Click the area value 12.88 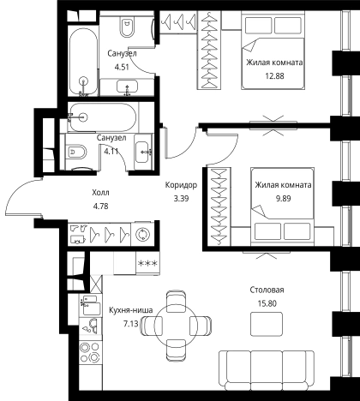click(x=274, y=76)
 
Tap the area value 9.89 click(x=283, y=198)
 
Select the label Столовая click(x=267, y=290)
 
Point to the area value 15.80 click(x=267, y=303)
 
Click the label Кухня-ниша click(x=131, y=310)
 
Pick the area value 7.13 click(x=130, y=324)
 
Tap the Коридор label click(x=181, y=185)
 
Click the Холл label click(x=100, y=193)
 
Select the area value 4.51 click(x=122, y=67)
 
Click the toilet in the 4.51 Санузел click(x=127, y=27)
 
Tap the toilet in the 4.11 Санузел click(x=76, y=153)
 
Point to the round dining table click(x=176, y=326)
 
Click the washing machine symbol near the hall click(x=142, y=234)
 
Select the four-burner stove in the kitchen click(x=90, y=353)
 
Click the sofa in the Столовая click(x=267, y=370)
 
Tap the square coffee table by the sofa click(x=267, y=324)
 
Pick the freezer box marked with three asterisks click(x=147, y=263)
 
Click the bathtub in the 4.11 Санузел click(x=103, y=117)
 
